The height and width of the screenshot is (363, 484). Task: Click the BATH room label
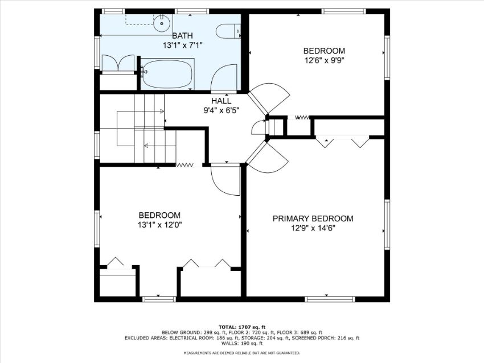click(x=182, y=35)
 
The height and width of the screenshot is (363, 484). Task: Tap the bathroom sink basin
click(x=162, y=23)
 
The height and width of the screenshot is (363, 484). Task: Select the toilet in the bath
click(x=228, y=31)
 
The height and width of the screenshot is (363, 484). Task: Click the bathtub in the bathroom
click(x=167, y=74)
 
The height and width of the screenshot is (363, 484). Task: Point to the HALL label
click(x=221, y=101)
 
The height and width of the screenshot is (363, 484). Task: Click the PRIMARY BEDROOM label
click(x=313, y=218)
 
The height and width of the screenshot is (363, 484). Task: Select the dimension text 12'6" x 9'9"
click(x=324, y=60)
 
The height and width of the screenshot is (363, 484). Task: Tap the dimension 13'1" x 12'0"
click(x=159, y=225)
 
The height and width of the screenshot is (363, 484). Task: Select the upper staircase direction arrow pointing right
click(x=141, y=112)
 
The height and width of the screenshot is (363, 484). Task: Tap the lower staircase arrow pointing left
click(x=159, y=145)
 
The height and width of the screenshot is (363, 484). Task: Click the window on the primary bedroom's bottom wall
click(x=330, y=299)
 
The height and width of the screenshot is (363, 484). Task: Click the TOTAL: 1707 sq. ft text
click(x=241, y=327)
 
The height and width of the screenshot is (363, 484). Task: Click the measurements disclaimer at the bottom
click(x=241, y=353)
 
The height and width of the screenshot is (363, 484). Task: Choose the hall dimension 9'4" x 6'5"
click(x=222, y=110)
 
